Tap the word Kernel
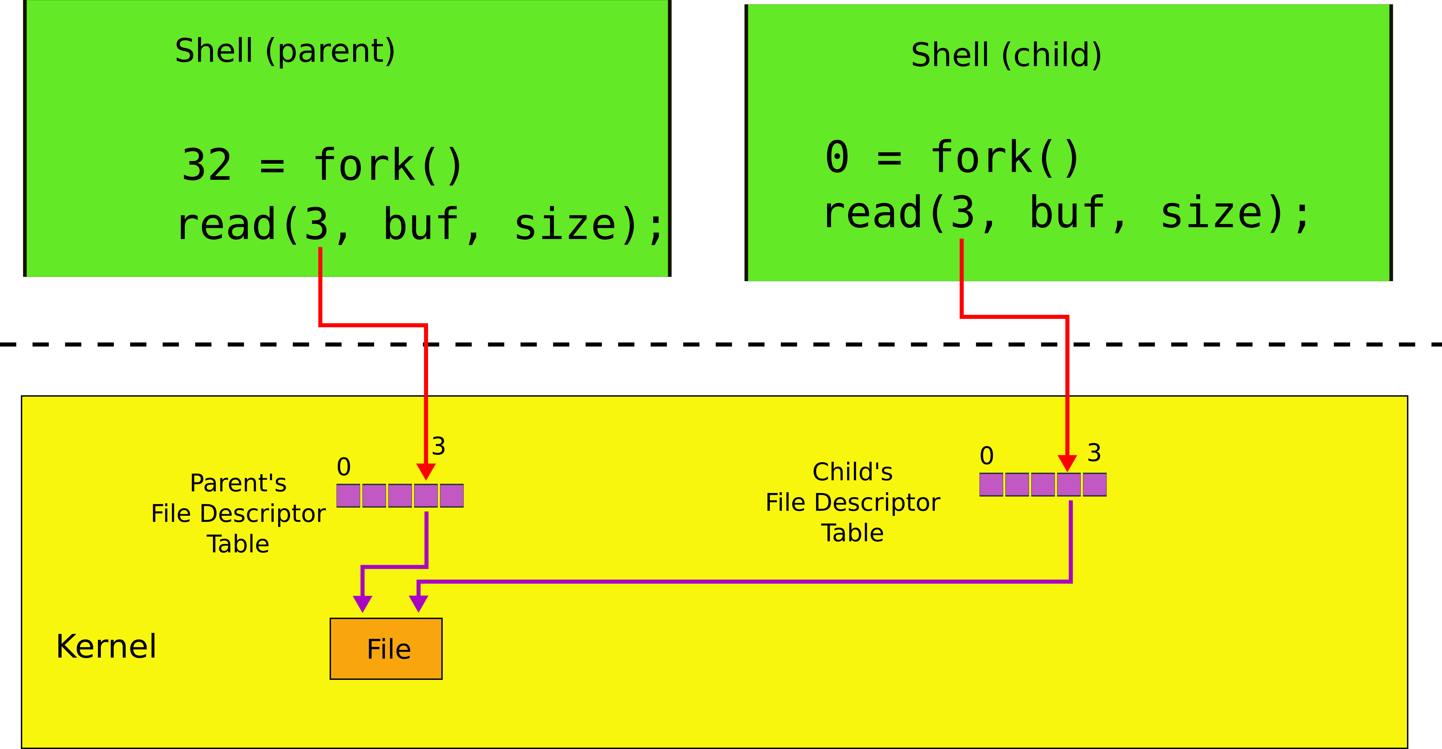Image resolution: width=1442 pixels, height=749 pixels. [106, 647]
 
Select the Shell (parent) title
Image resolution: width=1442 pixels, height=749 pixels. [285, 51]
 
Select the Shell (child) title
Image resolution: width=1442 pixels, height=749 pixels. [1006, 55]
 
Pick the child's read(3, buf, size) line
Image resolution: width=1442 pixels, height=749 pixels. [1066, 214]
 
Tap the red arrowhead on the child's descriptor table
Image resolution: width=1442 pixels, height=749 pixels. [1067, 463]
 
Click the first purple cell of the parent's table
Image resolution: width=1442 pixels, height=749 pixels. [348, 495]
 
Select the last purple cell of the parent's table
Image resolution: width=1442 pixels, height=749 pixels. [452, 495]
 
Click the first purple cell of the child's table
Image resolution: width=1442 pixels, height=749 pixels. [991, 484]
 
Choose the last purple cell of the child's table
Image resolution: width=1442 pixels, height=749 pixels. [1094, 484]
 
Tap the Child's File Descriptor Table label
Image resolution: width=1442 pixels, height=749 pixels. [853, 502]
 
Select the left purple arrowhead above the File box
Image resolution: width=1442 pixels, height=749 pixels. [363, 603]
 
